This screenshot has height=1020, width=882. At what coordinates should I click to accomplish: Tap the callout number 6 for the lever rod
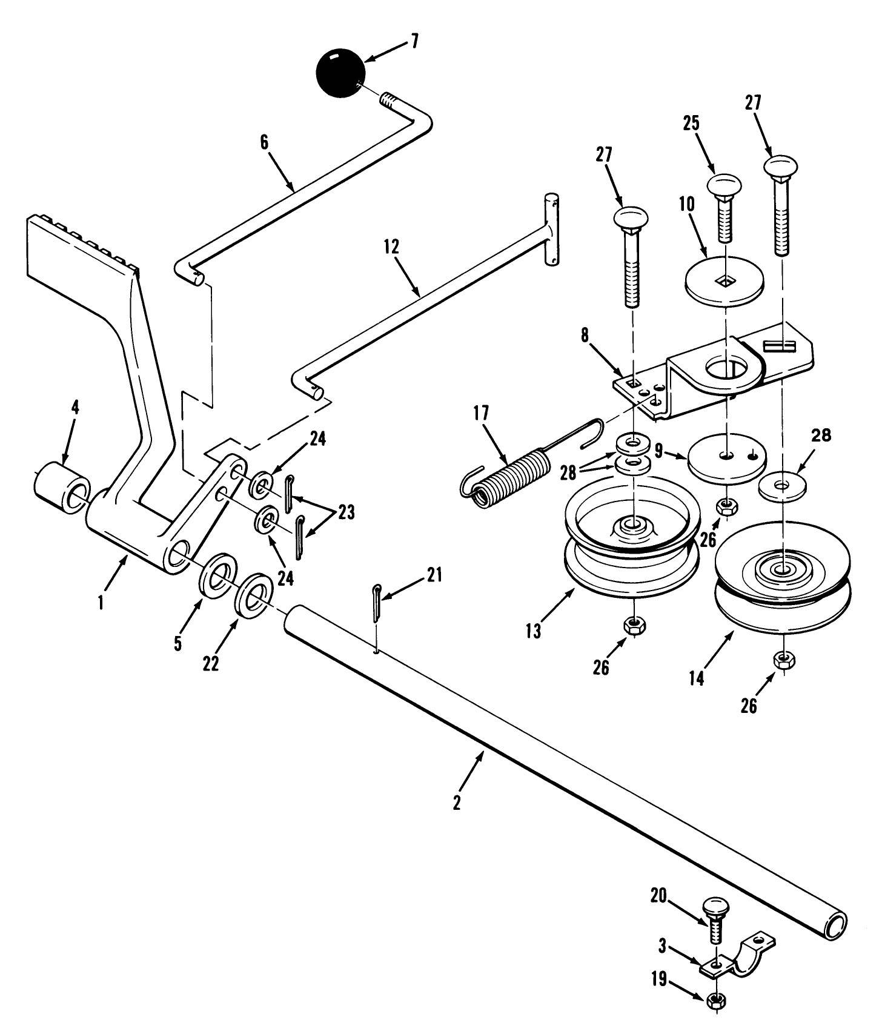pos(264,143)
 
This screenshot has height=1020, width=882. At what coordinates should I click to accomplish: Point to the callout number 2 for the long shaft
pos(457,803)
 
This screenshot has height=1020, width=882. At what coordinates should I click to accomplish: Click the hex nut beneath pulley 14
pos(785,660)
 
